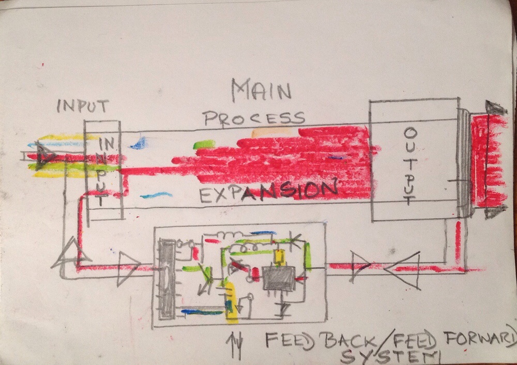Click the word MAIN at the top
[261, 90]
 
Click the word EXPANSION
[269, 192]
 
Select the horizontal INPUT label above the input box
[82, 106]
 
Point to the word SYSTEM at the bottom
[390, 356]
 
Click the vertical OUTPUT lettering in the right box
[410, 166]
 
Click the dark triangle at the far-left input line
[44, 156]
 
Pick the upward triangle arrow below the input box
[70, 254]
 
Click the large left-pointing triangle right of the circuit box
[402, 270]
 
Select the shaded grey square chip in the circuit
[278, 278]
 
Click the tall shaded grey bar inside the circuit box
[167, 279]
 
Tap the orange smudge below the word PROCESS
[271, 133]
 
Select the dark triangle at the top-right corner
[496, 108]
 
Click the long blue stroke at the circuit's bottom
[202, 311]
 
